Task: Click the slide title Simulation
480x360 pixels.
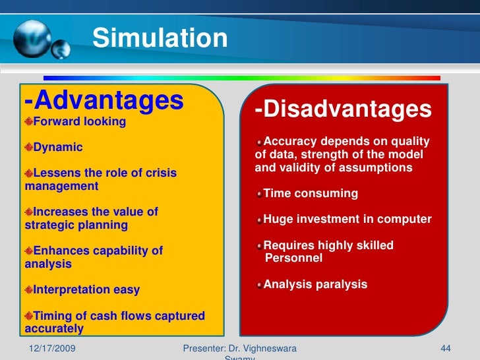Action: [160, 38]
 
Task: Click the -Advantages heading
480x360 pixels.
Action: [104, 100]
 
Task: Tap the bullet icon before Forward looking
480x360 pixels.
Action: [29, 121]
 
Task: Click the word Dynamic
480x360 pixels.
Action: [58, 147]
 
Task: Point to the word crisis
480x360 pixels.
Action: [158, 173]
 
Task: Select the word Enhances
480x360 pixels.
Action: [61, 251]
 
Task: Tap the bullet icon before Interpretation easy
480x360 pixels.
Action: [29, 289]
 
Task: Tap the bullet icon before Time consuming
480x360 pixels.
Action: [260, 194]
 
